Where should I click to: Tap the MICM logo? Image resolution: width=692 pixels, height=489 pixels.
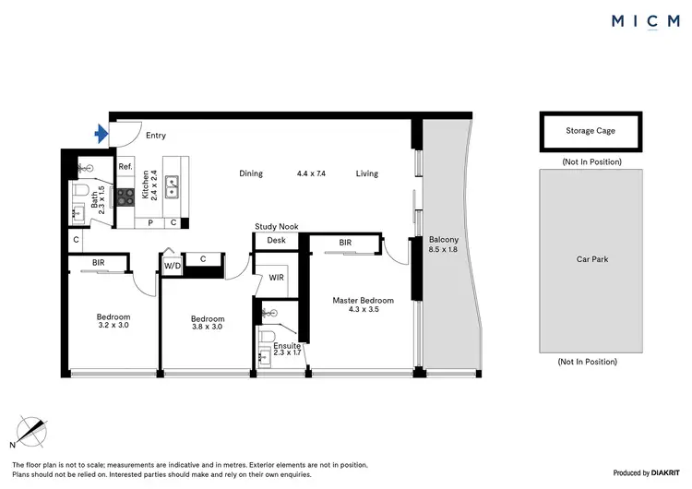(x=646, y=21)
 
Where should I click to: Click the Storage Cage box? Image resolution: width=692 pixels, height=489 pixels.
(x=590, y=131)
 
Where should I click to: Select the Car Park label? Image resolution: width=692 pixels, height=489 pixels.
(x=591, y=260)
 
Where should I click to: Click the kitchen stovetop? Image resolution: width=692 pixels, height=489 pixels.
(x=125, y=196)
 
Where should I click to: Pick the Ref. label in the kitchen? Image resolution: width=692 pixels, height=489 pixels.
(x=125, y=167)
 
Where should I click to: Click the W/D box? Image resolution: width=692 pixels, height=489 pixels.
(x=172, y=266)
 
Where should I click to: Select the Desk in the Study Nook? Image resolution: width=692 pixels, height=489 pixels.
(x=276, y=241)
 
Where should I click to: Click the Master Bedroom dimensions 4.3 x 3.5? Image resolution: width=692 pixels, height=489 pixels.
(x=363, y=310)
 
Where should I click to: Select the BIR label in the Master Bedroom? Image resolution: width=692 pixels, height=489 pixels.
(x=344, y=243)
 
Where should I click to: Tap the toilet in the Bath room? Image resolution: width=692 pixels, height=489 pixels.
(x=81, y=191)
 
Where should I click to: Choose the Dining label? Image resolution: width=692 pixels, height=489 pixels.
(x=251, y=173)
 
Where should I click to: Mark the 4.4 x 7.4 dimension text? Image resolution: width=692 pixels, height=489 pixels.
(x=312, y=173)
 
